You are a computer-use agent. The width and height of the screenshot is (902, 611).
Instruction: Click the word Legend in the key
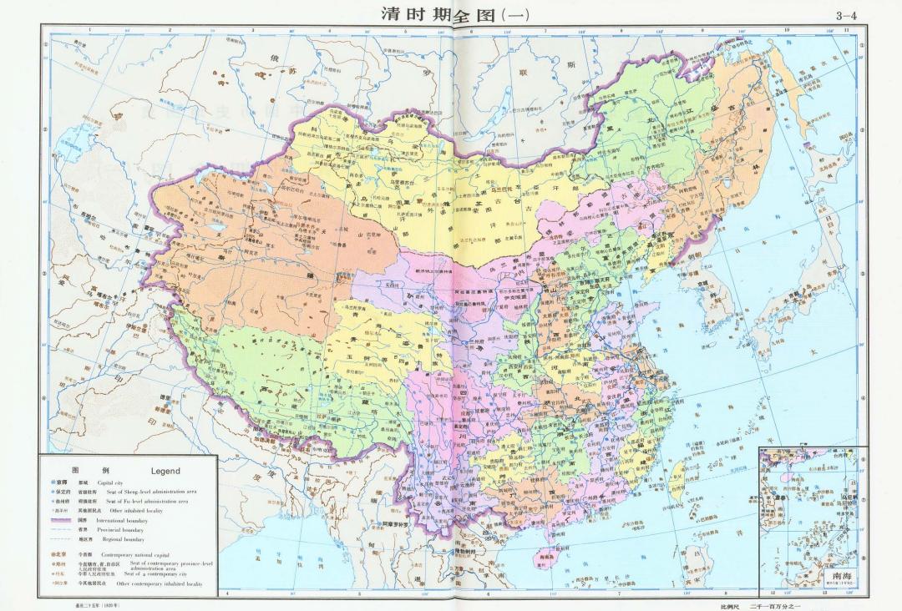pyautogui.click(x=165, y=471)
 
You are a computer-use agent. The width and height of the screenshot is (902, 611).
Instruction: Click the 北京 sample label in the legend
pyautogui.click(x=59, y=554)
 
